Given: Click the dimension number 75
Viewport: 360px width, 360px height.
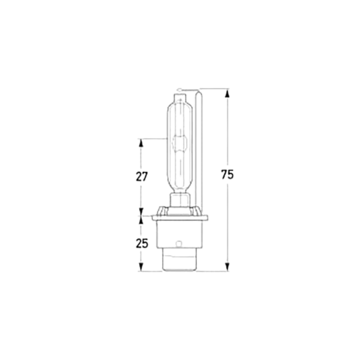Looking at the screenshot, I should [228, 175].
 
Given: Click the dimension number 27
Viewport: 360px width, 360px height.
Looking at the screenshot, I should [142, 176].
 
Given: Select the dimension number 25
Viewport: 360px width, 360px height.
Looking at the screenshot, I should [142, 243].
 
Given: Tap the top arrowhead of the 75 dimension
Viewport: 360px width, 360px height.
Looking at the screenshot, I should [227, 93].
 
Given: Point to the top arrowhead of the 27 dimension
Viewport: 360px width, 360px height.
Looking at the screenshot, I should [141, 143].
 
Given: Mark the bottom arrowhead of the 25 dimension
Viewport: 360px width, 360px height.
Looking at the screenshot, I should [141, 267].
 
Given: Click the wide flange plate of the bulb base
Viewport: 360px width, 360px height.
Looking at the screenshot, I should [180, 218].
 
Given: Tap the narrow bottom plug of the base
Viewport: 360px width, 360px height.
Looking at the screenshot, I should [180, 263].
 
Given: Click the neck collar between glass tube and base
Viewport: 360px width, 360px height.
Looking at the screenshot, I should [180, 200].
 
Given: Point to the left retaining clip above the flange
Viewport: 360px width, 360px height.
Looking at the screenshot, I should [162, 210].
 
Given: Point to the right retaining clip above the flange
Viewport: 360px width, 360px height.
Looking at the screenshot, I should [197, 210].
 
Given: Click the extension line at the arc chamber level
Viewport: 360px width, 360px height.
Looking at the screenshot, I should [153, 139].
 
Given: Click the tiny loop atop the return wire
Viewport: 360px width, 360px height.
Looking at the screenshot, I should [180, 89].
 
